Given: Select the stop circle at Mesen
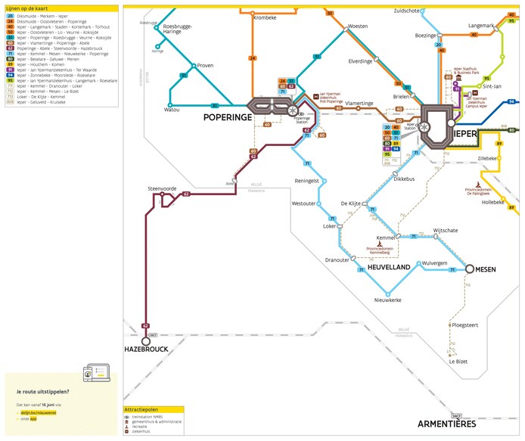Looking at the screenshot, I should tap(470, 269).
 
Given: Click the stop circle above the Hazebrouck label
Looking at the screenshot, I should tap(145, 341).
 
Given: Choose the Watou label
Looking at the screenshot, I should tap(171, 110).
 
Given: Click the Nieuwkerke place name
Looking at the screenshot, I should tap(387, 300).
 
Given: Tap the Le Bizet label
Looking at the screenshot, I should tap(457, 362).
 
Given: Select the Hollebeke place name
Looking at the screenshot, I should tap(492, 202).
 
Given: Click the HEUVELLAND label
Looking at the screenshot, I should tap(388, 268).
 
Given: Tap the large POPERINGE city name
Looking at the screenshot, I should tap(228, 119).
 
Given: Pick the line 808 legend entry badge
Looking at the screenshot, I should tap(10, 101).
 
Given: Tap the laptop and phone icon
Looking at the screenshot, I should tap(97, 373).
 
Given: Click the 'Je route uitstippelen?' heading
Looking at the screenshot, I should tap(42, 392).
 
